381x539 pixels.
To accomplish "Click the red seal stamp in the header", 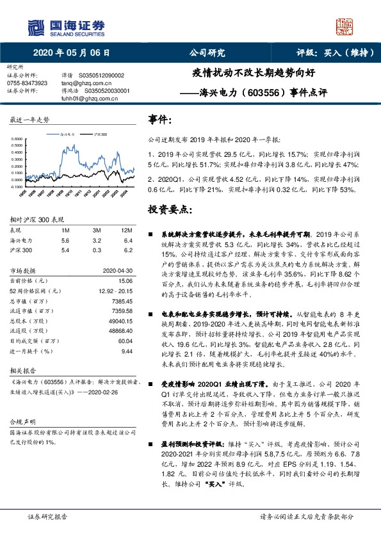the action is click(345, 26).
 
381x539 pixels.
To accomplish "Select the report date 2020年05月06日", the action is click(70, 53).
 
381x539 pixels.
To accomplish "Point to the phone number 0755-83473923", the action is click(27, 83).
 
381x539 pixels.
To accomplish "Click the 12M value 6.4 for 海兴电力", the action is click(126, 239).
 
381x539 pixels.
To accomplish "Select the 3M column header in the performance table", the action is click(97, 230).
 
